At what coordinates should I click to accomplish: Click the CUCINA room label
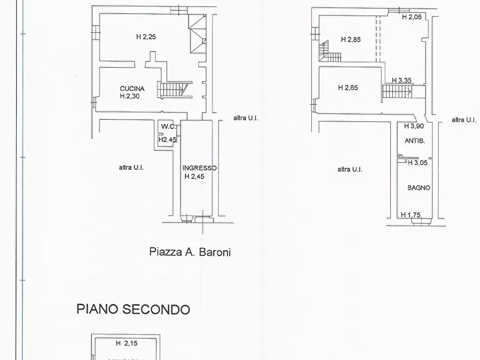132,89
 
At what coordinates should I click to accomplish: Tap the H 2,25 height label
145,37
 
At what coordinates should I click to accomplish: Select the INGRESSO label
199,168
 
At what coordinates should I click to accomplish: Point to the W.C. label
168,127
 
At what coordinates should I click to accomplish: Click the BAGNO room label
419,188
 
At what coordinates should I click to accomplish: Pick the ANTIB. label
415,141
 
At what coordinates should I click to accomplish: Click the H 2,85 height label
350,39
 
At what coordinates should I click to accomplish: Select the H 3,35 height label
402,81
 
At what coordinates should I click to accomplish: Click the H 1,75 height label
411,215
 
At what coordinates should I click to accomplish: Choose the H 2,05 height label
412,17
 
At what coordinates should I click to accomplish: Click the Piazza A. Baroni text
190,251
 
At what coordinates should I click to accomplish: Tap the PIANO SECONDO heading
133,309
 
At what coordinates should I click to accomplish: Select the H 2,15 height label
126,343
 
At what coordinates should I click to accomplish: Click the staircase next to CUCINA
174,90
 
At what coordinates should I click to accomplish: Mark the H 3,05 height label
418,163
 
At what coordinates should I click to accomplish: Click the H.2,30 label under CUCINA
131,97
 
